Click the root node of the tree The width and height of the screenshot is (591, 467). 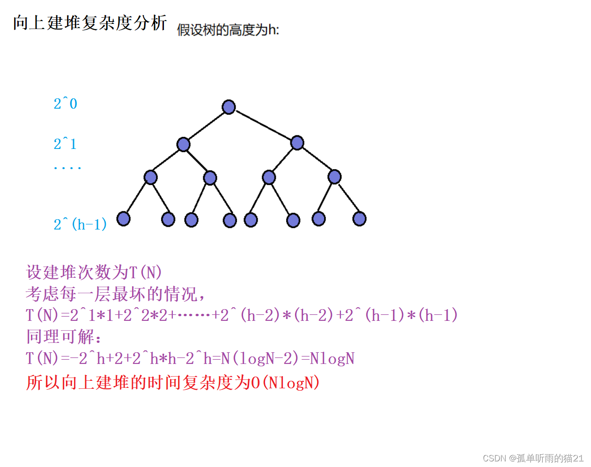point(229,107)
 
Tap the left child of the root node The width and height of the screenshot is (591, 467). point(184,144)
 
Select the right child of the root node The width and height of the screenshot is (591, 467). point(297,142)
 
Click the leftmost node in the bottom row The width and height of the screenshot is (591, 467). point(123,218)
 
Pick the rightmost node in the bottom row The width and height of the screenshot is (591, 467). point(359,218)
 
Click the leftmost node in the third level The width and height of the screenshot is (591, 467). point(150,177)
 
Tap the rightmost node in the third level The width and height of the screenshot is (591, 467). point(334,177)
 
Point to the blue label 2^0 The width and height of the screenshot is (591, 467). point(65,104)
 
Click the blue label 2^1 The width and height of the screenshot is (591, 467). point(65,144)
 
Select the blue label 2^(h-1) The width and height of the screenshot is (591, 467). point(80,224)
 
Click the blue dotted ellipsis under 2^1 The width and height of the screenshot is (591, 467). point(67,167)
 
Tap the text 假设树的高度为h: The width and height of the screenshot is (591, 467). point(228,30)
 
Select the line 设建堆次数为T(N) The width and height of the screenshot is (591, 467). point(94,272)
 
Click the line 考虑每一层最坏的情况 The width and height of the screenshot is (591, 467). point(115,294)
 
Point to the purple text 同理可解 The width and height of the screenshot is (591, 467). point(63,336)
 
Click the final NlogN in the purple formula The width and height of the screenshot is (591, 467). point(332,359)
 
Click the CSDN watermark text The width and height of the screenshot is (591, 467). point(533,458)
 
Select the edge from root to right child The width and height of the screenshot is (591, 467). point(264,125)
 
